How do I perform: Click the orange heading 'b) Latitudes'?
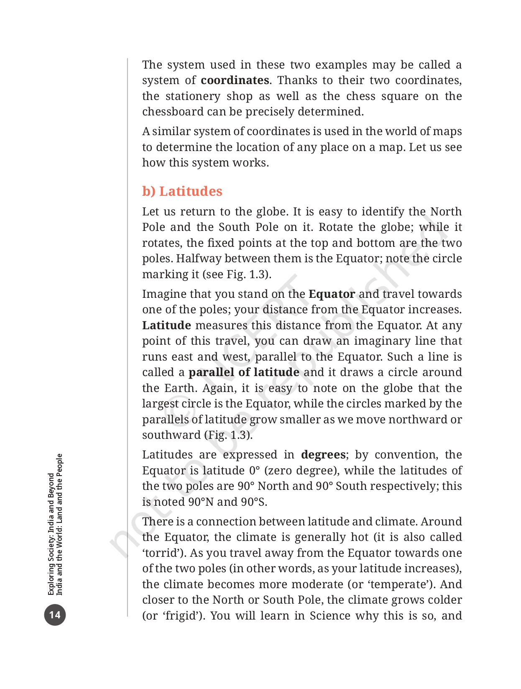(182, 191)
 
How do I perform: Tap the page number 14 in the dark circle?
(55, 615)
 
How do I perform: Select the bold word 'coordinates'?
(235, 80)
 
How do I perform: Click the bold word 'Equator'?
(332, 294)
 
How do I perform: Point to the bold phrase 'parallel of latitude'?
(244, 372)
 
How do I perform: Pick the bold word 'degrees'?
(323, 455)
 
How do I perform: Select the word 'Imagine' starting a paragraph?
(164, 294)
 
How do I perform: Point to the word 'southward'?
(171, 435)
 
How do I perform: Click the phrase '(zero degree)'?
(302, 471)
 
